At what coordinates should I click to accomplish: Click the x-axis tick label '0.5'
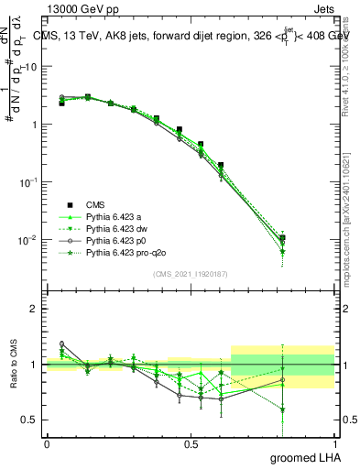[191, 444]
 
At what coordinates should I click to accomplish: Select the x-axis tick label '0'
[47, 444]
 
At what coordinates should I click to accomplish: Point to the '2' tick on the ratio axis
[35, 309]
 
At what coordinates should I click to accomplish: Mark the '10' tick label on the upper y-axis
[31, 67]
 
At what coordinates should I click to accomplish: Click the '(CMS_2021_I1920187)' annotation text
[190, 273]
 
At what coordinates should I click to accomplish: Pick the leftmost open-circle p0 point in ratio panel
[61, 344]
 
